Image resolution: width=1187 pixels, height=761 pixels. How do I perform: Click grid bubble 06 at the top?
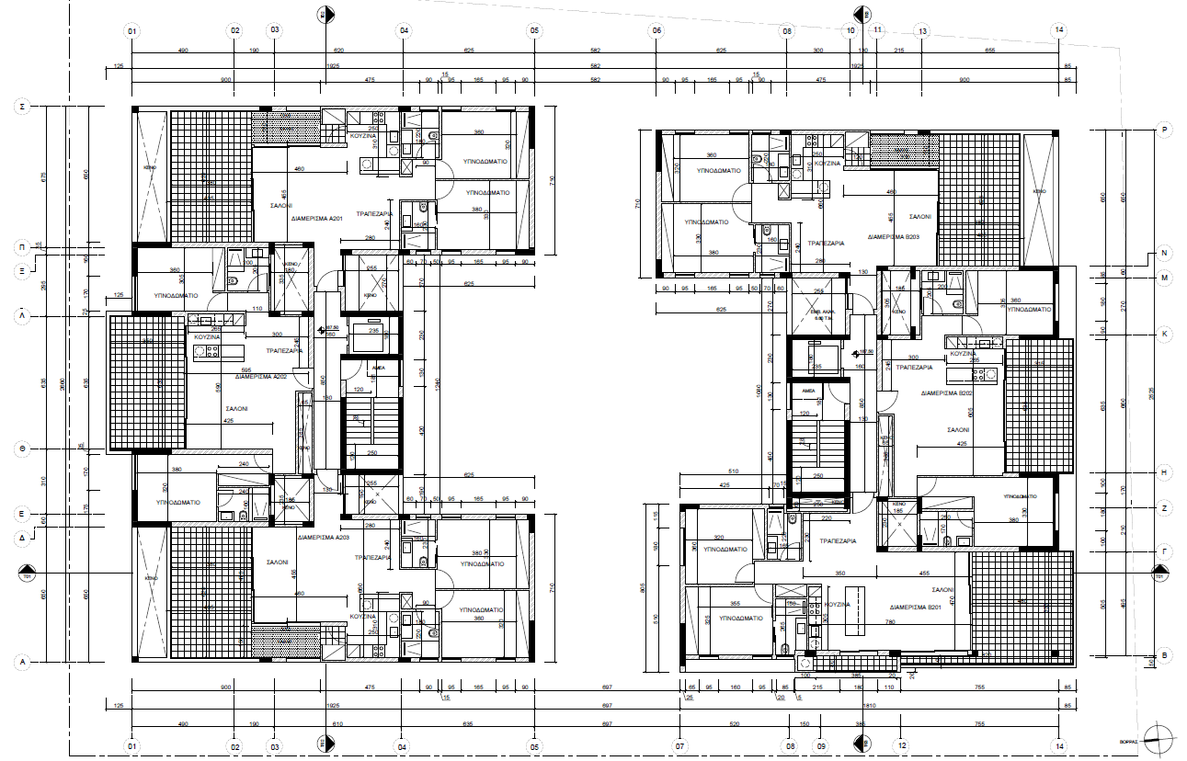(656, 30)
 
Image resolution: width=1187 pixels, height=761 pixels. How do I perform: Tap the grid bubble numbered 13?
(922, 30)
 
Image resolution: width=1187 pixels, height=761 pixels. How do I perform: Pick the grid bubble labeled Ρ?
(1164, 131)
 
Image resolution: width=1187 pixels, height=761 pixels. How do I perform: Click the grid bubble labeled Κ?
(1164, 334)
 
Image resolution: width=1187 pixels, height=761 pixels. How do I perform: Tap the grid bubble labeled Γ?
(1164, 551)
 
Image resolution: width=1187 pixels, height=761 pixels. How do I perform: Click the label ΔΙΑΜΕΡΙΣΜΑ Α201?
(318, 220)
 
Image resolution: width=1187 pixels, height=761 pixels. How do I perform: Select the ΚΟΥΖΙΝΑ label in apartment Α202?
(207, 337)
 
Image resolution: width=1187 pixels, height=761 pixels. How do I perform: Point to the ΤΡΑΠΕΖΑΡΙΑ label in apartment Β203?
(825, 244)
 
